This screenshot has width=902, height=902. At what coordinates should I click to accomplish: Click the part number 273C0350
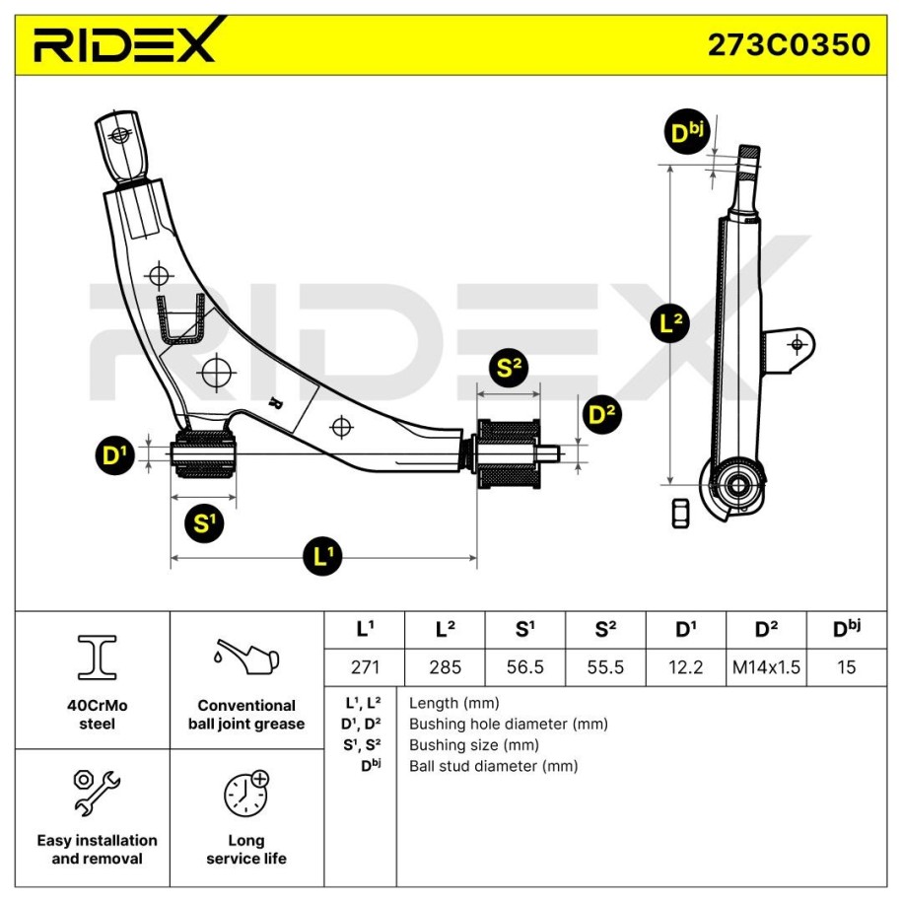point(789,44)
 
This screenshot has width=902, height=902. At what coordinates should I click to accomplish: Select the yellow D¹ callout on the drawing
point(116,455)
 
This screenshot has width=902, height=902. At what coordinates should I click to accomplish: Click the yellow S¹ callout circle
point(203,522)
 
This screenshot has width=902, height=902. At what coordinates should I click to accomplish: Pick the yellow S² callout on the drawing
point(509,369)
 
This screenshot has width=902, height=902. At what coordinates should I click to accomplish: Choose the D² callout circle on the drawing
point(601,414)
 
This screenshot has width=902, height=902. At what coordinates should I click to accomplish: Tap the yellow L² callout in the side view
point(671,323)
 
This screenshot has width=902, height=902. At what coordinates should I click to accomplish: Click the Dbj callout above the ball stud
point(686,134)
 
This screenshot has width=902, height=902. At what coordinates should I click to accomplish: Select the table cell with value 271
point(365,666)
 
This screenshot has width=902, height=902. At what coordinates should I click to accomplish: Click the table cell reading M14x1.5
point(766,666)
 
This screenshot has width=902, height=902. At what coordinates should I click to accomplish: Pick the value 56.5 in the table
point(524,666)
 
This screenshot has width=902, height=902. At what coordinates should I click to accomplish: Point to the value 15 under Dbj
point(846,666)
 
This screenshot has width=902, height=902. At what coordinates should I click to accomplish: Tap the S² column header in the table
point(605,628)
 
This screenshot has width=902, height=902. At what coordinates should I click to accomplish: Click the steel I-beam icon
point(97,658)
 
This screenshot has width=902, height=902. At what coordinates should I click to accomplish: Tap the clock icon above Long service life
point(245,792)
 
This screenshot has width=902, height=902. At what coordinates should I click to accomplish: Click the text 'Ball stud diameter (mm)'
point(493,766)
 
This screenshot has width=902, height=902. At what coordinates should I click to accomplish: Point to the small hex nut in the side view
point(680,513)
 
